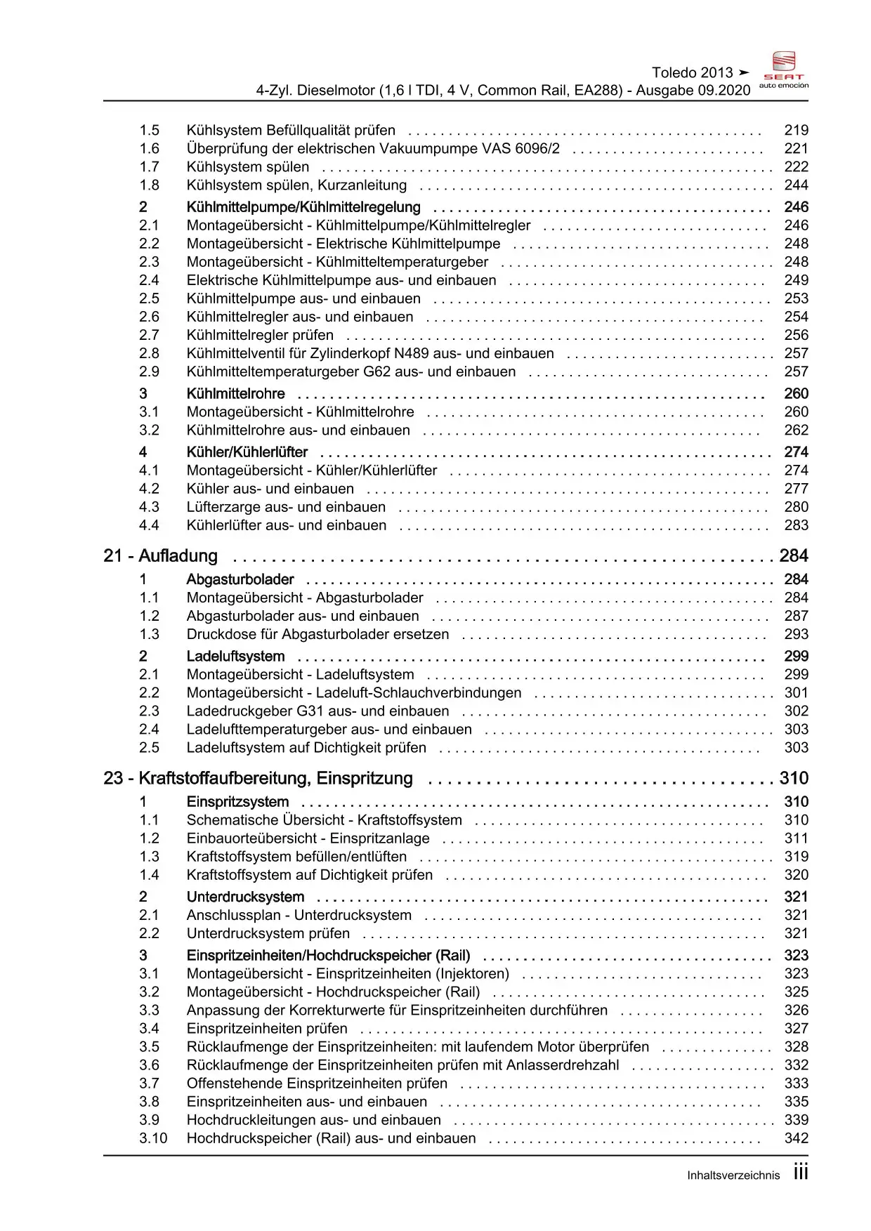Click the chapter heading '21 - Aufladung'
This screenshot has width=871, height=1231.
click(x=160, y=556)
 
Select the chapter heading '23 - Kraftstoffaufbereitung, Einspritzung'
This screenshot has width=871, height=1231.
click(x=258, y=779)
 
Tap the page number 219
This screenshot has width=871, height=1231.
click(x=796, y=131)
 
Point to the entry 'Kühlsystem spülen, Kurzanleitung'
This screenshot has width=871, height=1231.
click(x=296, y=185)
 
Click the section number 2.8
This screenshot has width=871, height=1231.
click(x=149, y=354)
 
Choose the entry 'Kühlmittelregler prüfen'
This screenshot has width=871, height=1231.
click(x=260, y=336)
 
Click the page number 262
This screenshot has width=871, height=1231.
click(x=796, y=430)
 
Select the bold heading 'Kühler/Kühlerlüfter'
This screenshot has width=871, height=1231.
click(x=247, y=452)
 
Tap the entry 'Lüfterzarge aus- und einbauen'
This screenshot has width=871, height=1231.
click(x=286, y=507)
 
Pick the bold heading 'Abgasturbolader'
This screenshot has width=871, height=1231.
click(x=240, y=580)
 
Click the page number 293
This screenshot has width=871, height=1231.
click(x=796, y=635)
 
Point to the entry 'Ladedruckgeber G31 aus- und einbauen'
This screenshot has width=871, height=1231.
click(x=317, y=711)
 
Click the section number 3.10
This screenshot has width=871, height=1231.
click(x=153, y=1138)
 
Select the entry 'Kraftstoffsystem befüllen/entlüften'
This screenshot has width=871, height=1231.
click(x=296, y=857)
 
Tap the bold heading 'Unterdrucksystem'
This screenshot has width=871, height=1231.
click(x=245, y=897)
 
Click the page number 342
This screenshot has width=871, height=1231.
click(x=796, y=1138)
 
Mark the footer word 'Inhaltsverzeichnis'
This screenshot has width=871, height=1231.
click(x=733, y=1176)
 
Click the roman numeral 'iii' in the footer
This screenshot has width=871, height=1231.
click(x=800, y=1173)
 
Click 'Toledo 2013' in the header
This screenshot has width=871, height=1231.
click(x=692, y=73)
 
